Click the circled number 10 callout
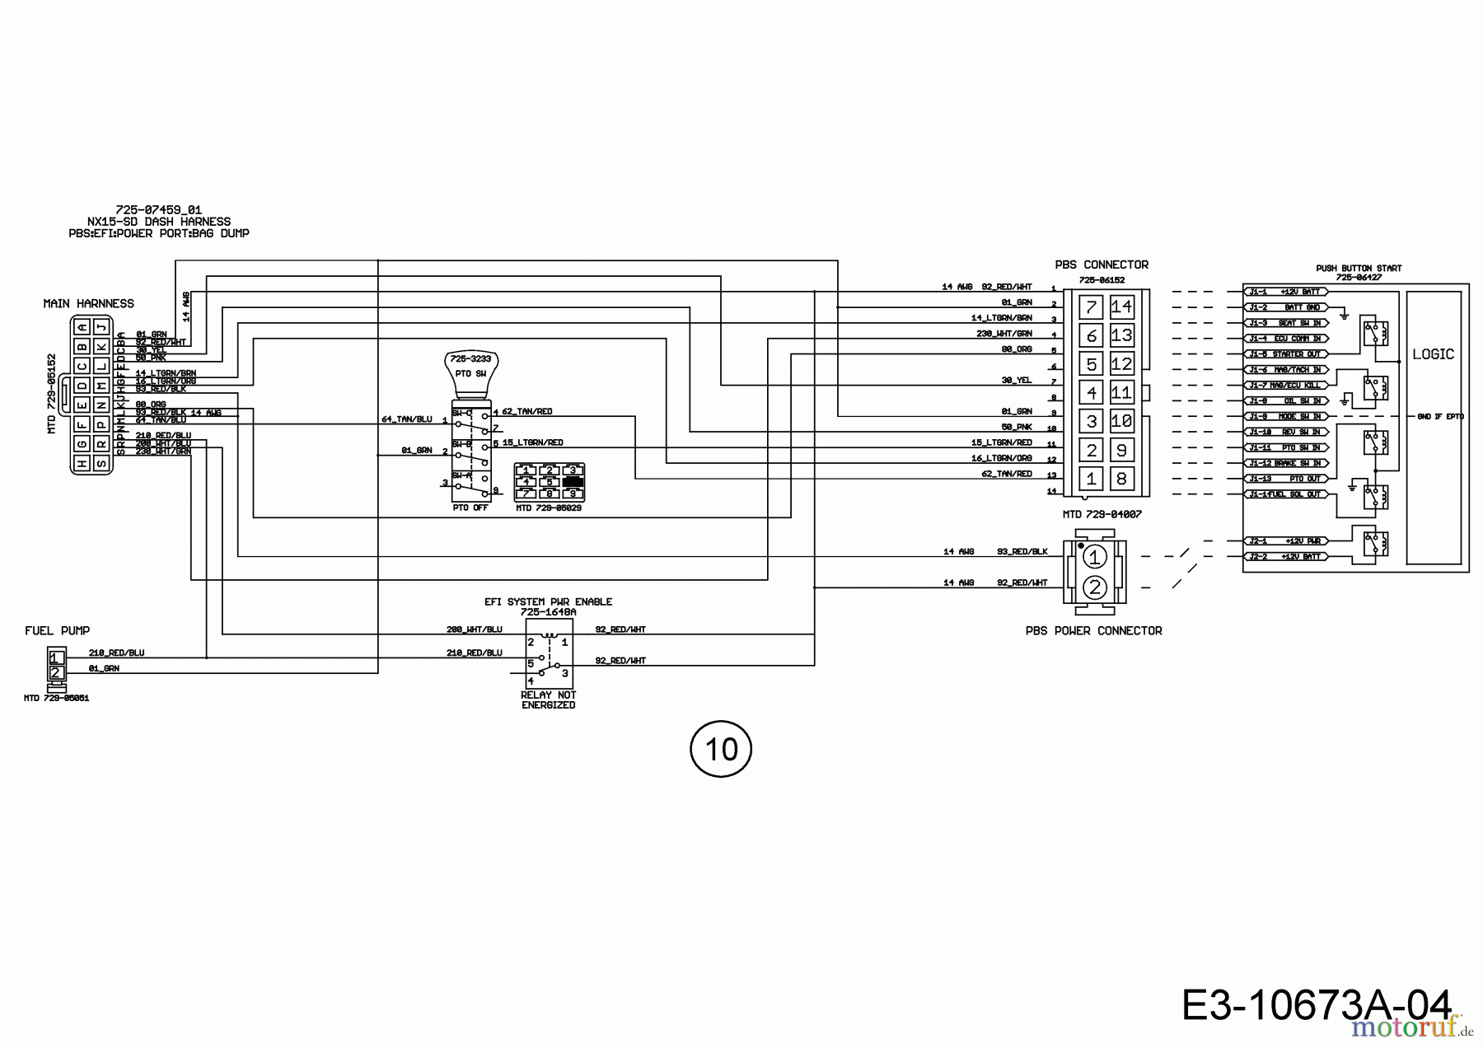pos(721,749)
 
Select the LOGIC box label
pos(1433,354)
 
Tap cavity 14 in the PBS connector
pos(1121,307)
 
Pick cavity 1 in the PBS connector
pos(1092,479)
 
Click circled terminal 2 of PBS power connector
pos(1094,587)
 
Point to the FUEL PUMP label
pos(57,631)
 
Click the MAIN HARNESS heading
pos(88,304)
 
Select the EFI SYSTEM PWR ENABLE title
pos(548,602)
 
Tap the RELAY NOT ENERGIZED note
pos(548,700)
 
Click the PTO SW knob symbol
pos(471,368)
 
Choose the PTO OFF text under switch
pos(470,508)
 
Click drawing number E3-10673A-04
pos(1316,1005)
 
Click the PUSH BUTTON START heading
pos(1358,269)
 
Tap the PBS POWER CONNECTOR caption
pos(1093,631)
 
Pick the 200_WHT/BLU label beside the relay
pos(474,629)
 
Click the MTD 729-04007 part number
pos(1102,515)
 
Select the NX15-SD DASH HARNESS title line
pos(159,222)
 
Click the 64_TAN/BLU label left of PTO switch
pos(406,419)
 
